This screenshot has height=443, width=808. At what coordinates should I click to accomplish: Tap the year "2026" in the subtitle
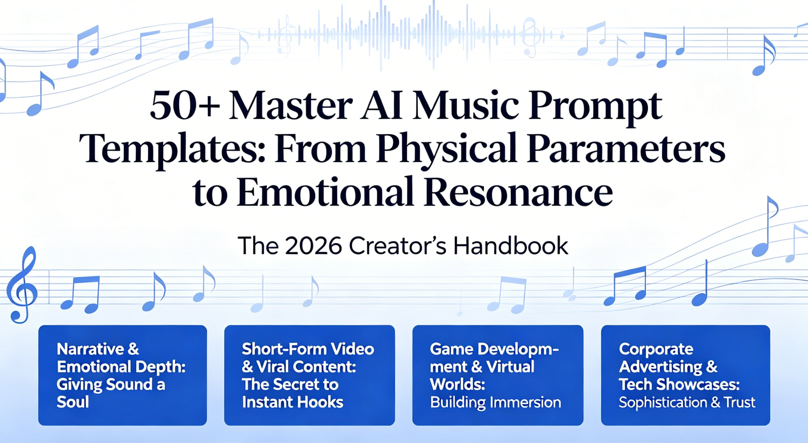[313, 246]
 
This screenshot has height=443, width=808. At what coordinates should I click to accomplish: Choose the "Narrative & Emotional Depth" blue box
[123, 375]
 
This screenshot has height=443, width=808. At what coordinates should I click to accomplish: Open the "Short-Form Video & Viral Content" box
[309, 375]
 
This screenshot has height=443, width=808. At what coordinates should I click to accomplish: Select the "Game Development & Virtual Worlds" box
[498, 375]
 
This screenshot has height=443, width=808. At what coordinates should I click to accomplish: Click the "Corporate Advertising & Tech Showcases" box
[685, 375]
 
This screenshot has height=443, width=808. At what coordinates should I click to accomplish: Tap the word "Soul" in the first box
[73, 402]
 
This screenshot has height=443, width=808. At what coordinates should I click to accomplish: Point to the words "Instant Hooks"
[292, 402]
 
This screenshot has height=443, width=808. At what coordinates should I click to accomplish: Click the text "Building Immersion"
[495, 402]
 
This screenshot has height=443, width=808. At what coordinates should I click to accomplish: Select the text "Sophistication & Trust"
[687, 402]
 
